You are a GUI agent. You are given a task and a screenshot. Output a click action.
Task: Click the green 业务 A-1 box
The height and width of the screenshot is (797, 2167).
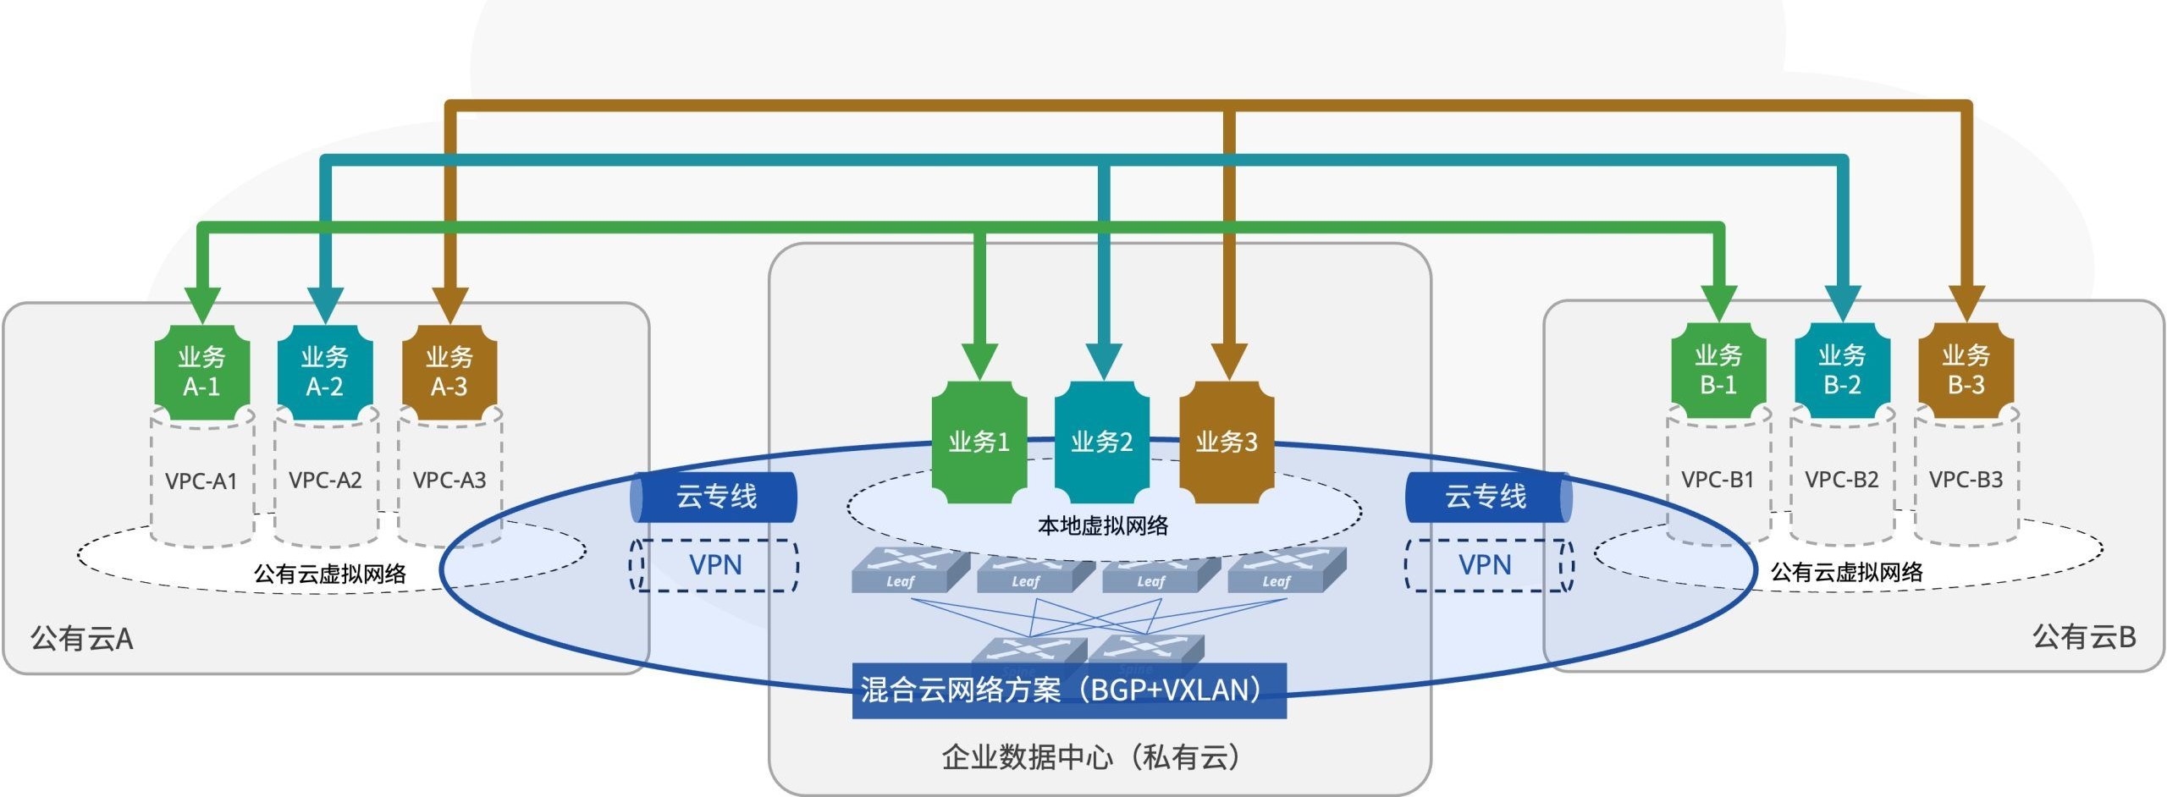(201, 372)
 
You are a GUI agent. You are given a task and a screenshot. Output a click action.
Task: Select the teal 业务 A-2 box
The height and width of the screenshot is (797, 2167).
(325, 372)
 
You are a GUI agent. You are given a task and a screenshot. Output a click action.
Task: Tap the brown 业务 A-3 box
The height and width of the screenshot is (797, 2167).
(449, 372)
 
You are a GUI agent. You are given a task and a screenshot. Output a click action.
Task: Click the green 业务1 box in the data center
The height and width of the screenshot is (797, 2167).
(979, 442)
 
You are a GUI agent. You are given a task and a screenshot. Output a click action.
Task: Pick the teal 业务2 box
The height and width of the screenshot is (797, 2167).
(1101, 442)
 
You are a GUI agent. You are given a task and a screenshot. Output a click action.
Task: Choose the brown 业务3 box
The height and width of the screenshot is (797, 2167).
(1226, 442)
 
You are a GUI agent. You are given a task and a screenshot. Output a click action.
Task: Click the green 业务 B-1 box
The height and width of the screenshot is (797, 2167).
(1718, 371)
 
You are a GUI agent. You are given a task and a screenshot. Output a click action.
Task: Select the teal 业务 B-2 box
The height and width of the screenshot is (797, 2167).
(1842, 371)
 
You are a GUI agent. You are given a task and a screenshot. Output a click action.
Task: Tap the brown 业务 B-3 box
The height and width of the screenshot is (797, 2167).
(1966, 371)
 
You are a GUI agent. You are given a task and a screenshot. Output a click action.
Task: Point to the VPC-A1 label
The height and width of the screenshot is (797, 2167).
(201, 481)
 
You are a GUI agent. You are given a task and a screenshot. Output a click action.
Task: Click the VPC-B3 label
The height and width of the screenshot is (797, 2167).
(1966, 480)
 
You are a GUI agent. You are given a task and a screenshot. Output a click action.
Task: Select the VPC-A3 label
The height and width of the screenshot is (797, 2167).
(449, 481)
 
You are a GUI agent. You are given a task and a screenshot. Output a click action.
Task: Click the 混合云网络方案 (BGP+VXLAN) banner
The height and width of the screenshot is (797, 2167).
(1068, 690)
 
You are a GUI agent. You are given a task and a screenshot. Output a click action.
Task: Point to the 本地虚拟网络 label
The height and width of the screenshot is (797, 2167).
(1103, 526)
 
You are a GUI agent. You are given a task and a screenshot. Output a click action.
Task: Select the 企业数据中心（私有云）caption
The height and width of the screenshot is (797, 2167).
(1091, 757)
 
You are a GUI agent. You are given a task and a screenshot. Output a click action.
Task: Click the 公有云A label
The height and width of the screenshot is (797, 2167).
(82, 639)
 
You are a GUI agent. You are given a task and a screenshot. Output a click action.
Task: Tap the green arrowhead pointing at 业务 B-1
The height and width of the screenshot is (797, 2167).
(1718, 303)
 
